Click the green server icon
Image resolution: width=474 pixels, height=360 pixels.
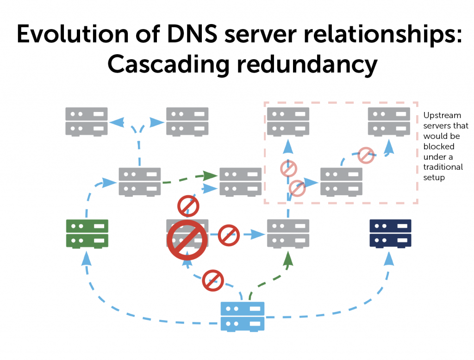click(87, 233)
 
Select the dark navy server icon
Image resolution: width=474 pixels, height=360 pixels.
click(390, 233)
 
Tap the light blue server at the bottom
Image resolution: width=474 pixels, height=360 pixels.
click(243, 316)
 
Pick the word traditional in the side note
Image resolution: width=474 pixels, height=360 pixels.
click(443, 167)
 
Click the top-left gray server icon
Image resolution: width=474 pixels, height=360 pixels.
click(87, 121)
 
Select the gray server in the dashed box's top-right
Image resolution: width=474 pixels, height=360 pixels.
click(389, 121)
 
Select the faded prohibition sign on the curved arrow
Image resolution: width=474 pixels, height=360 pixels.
click(366, 155)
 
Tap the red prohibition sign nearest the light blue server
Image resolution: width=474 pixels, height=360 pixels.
click(213, 280)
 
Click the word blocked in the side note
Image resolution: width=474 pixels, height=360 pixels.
click(439, 146)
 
